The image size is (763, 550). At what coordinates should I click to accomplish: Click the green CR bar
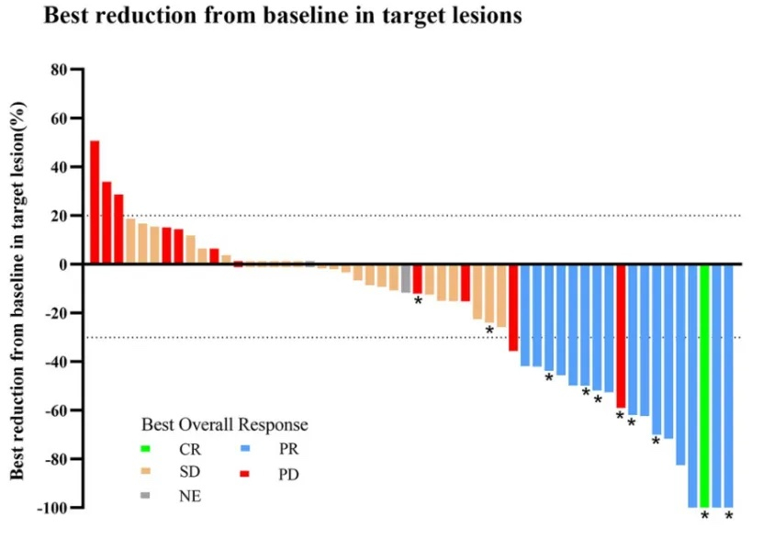tap(704, 386)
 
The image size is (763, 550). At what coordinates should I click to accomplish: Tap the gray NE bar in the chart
tap(406, 278)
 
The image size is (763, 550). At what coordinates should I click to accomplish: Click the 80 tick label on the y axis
tap(62, 70)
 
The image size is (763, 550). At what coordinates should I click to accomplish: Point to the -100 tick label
tap(54, 508)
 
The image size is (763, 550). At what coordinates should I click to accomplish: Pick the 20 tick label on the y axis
tap(62, 216)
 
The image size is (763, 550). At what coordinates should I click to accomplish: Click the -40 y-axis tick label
tap(57, 362)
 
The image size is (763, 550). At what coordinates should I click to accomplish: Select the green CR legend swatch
tap(145, 450)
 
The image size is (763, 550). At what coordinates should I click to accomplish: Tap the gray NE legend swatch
tap(145, 496)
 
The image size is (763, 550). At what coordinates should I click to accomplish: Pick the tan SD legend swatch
tap(145, 473)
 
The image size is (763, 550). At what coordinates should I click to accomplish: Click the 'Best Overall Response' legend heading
tap(224, 425)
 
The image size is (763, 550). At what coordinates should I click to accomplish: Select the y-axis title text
tap(18, 289)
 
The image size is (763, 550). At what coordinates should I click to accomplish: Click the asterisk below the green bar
tap(704, 517)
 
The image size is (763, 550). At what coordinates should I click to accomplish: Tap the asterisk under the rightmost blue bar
tap(729, 517)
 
